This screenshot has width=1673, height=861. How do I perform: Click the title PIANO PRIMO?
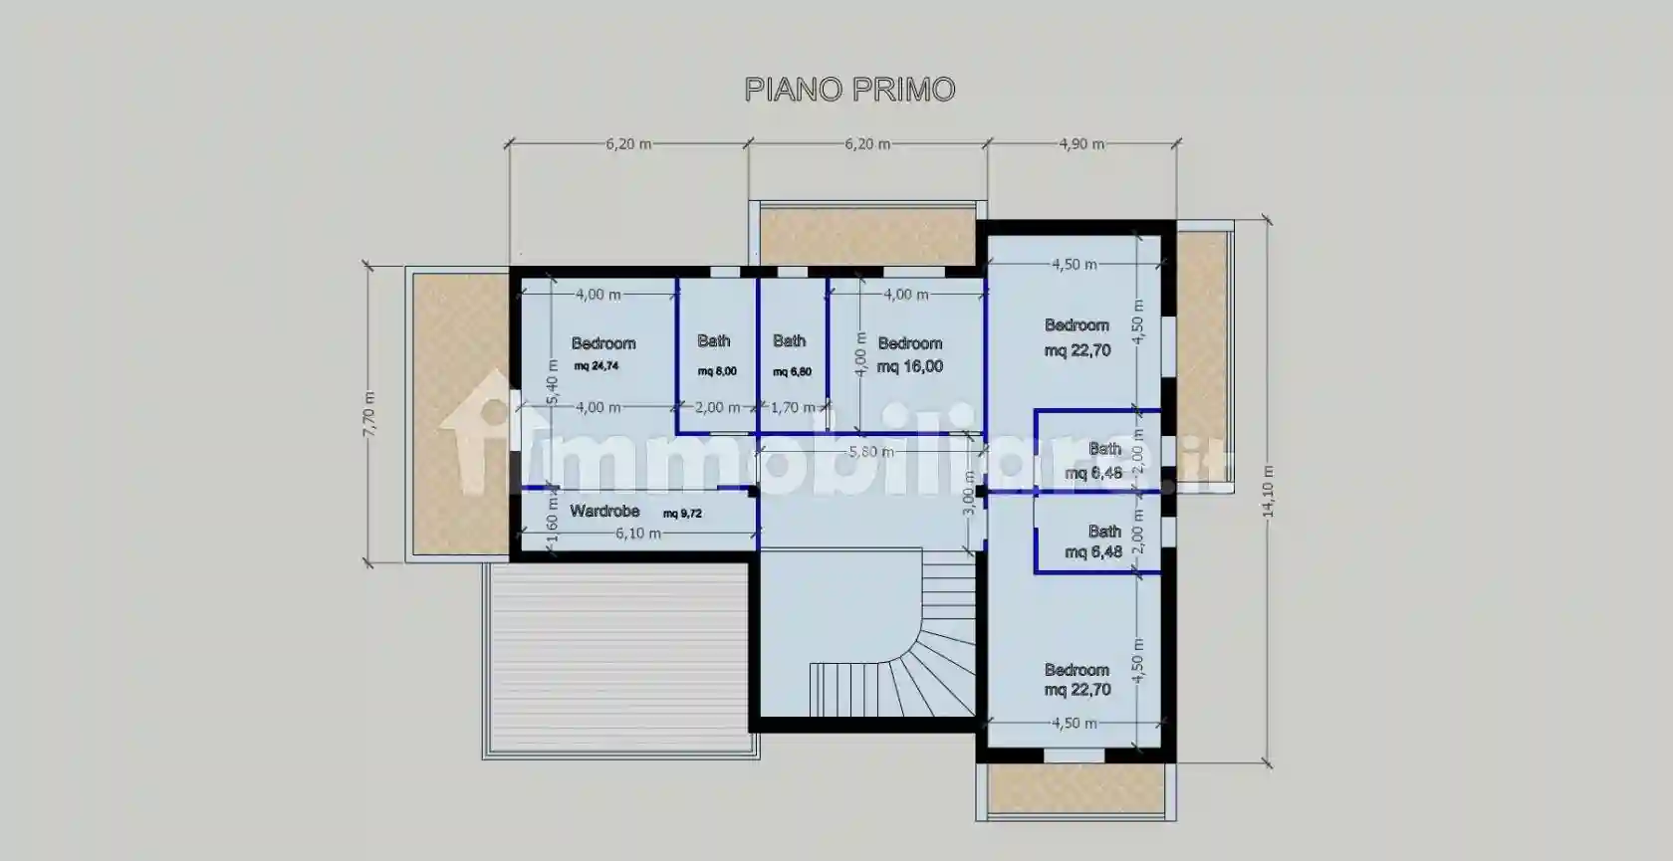click(x=849, y=90)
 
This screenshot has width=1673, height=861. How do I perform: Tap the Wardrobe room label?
click(x=604, y=512)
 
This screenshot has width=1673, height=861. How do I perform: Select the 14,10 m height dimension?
click(x=1268, y=492)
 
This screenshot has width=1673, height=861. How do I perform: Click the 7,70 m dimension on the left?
click(x=368, y=413)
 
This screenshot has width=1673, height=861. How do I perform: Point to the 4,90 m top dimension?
click(x=1081, y=144)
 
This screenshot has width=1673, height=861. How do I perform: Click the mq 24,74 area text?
click(x=597, y=366)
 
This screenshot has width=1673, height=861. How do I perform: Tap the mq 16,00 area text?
click(x=910, y=366)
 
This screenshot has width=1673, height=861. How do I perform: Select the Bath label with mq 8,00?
click(x=714, y=341)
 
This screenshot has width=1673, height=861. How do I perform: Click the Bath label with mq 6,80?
click(x=790, y=341)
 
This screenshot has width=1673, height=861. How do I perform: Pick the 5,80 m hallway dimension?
click(x=870, y=452)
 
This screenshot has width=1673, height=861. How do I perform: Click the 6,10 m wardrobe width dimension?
click(x=637, y=534)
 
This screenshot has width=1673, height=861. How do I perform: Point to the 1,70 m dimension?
click(x=793, y=407)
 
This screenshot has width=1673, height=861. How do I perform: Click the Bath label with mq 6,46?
click(x=1104, y=450)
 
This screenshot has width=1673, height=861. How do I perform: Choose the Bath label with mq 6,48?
click(x=1104, y=533)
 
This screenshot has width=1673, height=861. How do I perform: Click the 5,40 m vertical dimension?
click(x=553, y=382)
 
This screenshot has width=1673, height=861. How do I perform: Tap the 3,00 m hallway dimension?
click(x=969, y=495)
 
